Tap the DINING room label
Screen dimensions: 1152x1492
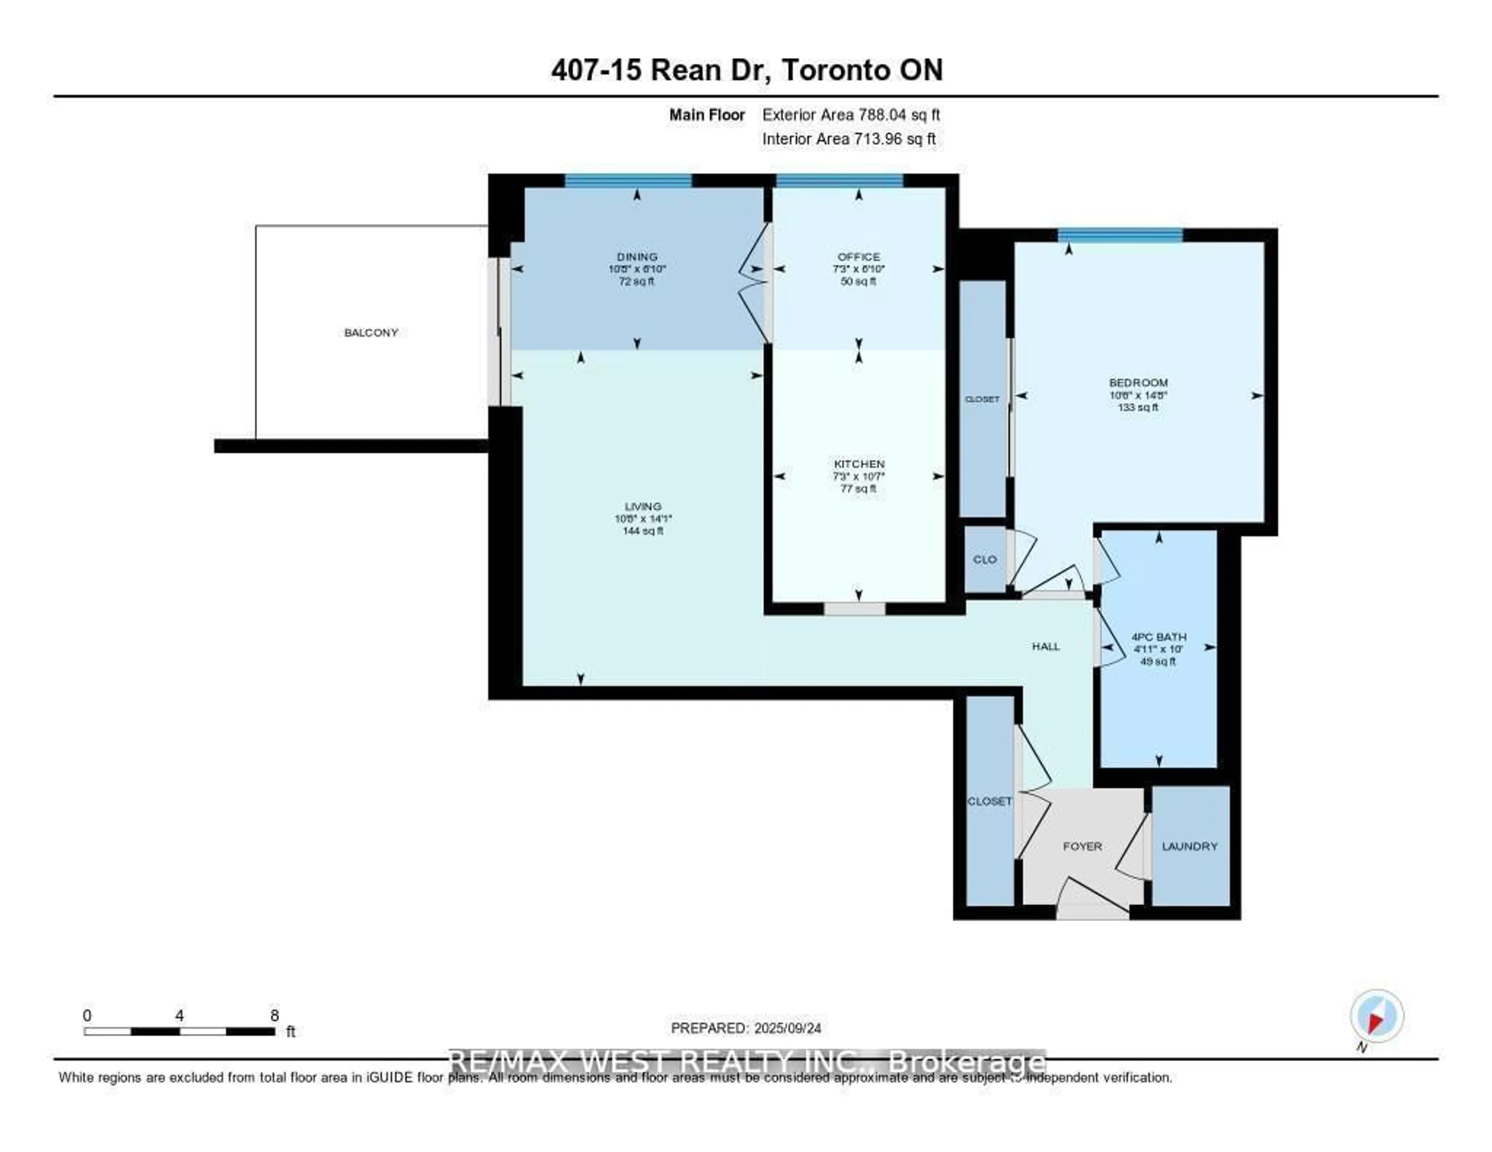pos(637,257)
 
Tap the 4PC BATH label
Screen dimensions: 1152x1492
pos(1159,637)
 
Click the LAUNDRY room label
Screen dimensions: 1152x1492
pos(1189,846)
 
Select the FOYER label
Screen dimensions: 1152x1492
pos(1082,846)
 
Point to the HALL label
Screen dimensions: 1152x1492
pos(1045,646)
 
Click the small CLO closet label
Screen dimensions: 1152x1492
pos(985,559)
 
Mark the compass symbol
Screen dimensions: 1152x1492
pos(1377,1015)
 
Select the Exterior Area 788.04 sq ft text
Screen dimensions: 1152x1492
pos(851,115)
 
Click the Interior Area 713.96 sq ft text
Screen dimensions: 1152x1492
pos(849,139)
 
